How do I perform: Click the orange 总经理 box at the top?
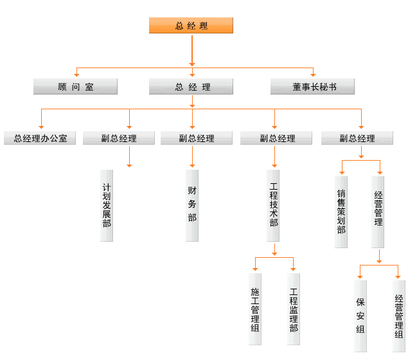tap(191, 26)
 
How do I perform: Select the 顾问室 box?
tap(75, 87)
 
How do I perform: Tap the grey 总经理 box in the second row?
tap(192, 87)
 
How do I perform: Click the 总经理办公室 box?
tap(40, 138)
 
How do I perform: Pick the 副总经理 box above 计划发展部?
tap(119, 138)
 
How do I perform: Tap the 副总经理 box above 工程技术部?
tap(277, 138)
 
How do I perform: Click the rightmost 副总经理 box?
tap(357, 138)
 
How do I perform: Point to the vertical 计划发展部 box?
tap(107, 206)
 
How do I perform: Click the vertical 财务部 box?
tap(192, 206)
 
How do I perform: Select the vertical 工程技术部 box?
tap(274, 206)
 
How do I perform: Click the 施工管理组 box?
tap(255, 309)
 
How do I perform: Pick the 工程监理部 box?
tap(294, 309)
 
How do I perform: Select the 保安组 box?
tap(360, 316)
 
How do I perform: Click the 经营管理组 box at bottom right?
tap(399, 316)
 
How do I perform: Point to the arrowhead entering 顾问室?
tap(76, 75)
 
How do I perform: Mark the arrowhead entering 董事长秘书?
tap(313, 75)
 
